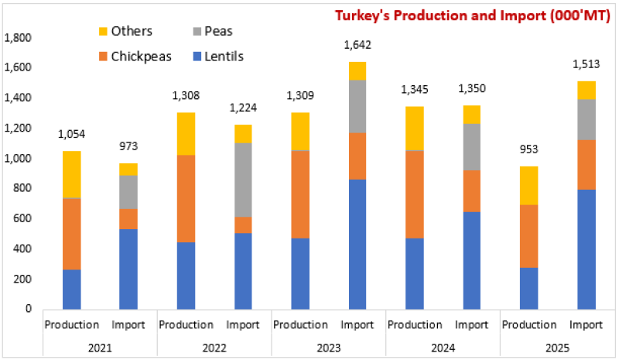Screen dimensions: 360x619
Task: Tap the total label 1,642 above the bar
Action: pyautogui.click(x=357, y=46)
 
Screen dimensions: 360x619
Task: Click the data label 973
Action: pyautogui.click(x=128, y=146)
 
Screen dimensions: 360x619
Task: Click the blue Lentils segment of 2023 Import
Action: pyautogui.click(x=357, y=244)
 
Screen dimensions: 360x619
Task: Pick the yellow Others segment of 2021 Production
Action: pyautogui.click(x=71, y=174)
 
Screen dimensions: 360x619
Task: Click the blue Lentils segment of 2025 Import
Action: pyautogui.click(x=586, y=249)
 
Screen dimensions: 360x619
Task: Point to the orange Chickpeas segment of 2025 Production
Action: pyautogui.click(x=528, y=236)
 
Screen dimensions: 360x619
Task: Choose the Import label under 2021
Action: pyautogui.click(x=128, y=324)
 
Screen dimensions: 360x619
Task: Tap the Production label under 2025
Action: pyautogui.click(x=529, y=324)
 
